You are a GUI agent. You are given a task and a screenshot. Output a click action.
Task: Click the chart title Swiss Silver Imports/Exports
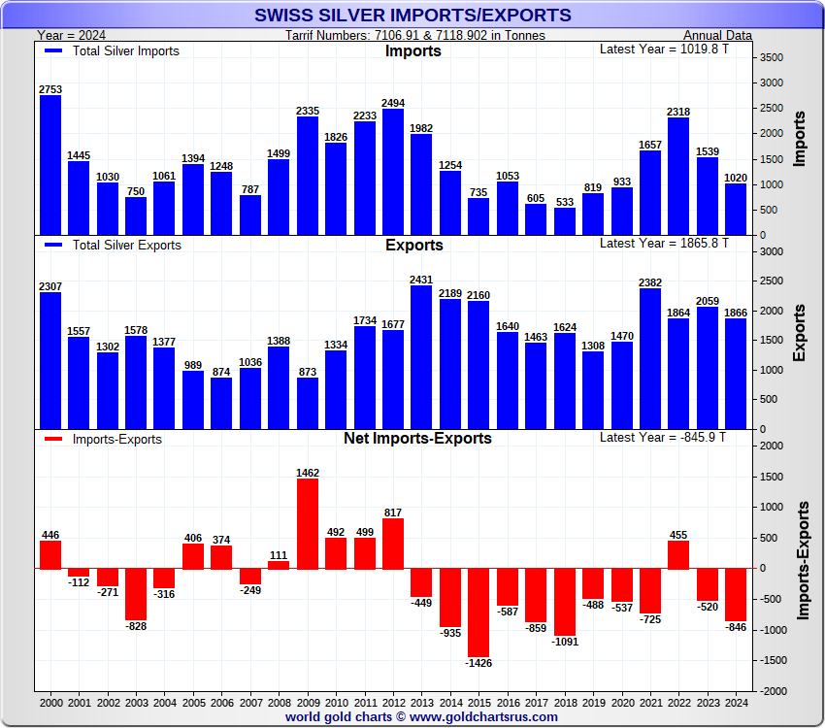coord(412,16)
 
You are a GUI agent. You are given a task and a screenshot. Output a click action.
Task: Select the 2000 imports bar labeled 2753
coord(50,165)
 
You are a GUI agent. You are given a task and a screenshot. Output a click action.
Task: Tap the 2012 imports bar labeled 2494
coord(393,172)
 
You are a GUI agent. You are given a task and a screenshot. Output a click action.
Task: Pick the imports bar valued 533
coord(564,221)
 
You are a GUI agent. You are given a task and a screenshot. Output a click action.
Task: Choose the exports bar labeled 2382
coord(649,358)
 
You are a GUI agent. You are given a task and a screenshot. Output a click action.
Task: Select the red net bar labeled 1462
coord(308,524)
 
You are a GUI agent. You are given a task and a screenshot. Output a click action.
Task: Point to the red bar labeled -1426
coord(478,612)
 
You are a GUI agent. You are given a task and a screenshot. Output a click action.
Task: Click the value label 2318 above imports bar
coord(678,112)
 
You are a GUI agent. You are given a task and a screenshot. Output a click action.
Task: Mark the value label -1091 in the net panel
coord(564,642)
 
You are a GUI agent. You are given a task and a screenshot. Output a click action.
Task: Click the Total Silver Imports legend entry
coord(112,51)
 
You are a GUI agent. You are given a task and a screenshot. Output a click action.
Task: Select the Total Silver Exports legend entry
coord(113,246)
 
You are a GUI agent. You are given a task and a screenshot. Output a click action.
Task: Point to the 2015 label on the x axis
coord(478,701)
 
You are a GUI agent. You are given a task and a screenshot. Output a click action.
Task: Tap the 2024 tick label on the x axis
coord(736,701)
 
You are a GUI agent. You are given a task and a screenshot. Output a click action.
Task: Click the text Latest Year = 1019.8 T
coord(663,50)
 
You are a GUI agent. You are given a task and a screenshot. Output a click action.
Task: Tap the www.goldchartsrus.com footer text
coord(482,716)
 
